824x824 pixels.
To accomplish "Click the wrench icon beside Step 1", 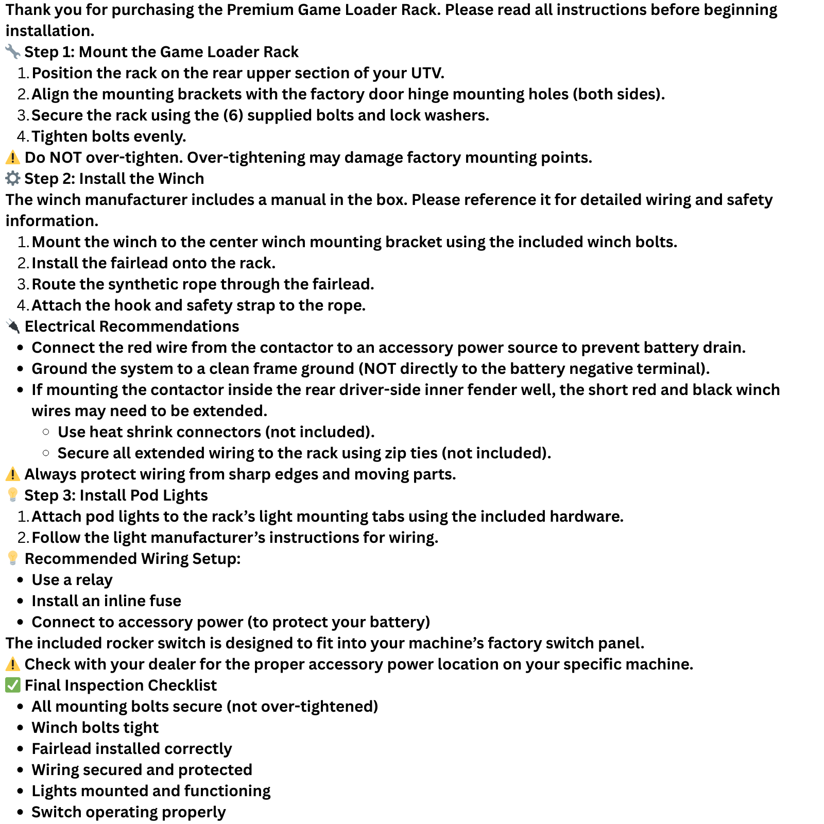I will click(x=12, y=51).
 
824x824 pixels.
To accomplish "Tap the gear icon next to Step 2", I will click(x=12, y=178).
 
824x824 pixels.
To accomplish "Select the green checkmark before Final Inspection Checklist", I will click(x=12, y=685).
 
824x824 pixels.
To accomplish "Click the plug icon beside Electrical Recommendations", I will click(x=12, y=326).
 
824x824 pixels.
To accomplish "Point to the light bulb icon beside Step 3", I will click(x=12, y=495).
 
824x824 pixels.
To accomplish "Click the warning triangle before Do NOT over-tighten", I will click(x=12, y=157).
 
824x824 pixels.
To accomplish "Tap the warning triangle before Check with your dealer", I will click(x=12, y=664).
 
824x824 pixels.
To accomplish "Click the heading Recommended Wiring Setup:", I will click(x=132, y=559).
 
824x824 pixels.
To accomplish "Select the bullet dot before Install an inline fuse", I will click(x=21, y=601).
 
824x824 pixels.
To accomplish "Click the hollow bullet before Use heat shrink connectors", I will click(x=46, y=432).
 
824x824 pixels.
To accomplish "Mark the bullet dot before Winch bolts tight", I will click(x=21, y=728).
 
